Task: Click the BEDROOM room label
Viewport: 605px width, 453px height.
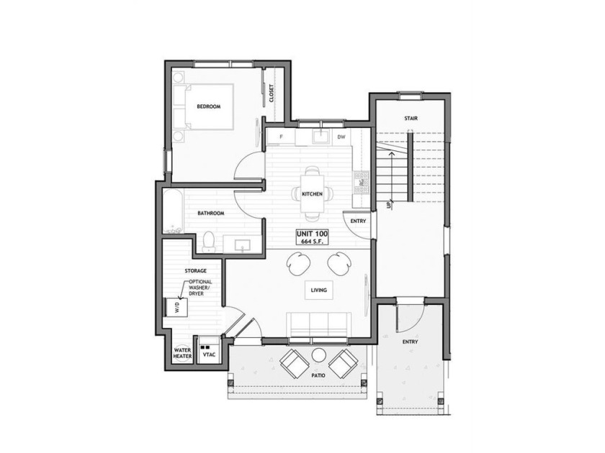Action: [x=209, y=106]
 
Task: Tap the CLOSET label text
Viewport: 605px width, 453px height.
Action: [x=272, y=93]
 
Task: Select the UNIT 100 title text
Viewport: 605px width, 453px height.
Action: [x=312, y=234]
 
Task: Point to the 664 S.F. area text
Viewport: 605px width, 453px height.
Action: [x=312, y=242]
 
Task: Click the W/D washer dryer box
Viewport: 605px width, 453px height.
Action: [x=176, y=307]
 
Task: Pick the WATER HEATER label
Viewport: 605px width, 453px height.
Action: [x=182, y=353]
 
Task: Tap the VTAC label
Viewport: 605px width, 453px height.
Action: [x=209, y=354]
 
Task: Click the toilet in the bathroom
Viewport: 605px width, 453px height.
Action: [x=209, y=242]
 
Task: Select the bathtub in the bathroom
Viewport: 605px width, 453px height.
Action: [x=174, y=211]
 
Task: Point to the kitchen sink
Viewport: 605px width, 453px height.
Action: [x=321, y=137]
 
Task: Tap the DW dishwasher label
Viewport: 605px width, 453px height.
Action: [x=341, y=137]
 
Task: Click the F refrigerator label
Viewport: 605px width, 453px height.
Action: [x=281, y=137]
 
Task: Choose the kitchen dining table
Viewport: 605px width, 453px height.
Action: [x=312, y=193]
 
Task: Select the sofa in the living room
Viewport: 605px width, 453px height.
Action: [x=318, y=324]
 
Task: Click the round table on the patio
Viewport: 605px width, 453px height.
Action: [x=319, y=355]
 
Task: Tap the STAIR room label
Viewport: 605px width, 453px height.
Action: [x=411, y=118]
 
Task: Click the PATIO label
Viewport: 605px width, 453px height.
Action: [x=318, y=375]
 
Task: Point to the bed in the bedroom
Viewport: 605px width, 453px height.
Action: [x=203, y=106]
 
